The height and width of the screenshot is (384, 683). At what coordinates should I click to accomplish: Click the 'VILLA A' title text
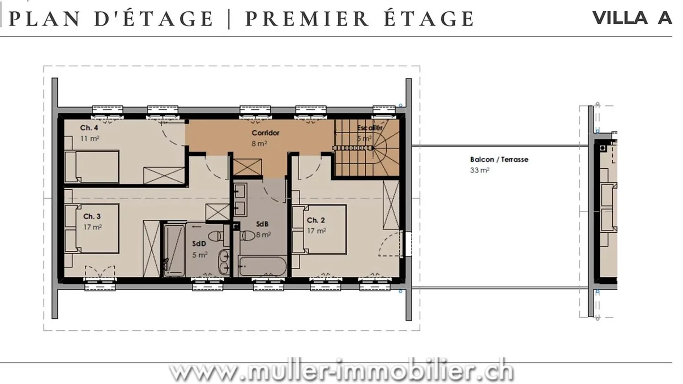[632, 18]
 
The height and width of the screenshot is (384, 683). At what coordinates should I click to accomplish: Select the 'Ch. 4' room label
[89, 128]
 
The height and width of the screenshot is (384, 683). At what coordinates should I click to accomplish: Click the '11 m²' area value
[90, 139]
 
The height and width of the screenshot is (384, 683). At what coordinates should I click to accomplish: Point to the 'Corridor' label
[265, 133]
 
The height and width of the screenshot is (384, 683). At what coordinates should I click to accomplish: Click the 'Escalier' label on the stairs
[370, 128]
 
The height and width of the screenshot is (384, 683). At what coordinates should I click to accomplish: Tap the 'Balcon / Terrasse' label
[499, 160]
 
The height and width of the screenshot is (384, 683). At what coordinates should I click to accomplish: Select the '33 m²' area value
[480, 170]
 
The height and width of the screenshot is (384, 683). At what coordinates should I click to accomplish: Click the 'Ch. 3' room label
[92, 217]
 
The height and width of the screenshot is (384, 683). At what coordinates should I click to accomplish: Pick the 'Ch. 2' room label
[316, 220]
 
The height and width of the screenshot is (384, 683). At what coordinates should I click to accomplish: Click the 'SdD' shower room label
[199, 244]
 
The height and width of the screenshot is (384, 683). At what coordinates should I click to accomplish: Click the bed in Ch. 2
[320, 230]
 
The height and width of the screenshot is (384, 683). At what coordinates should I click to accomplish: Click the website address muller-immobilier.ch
[341, 373]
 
